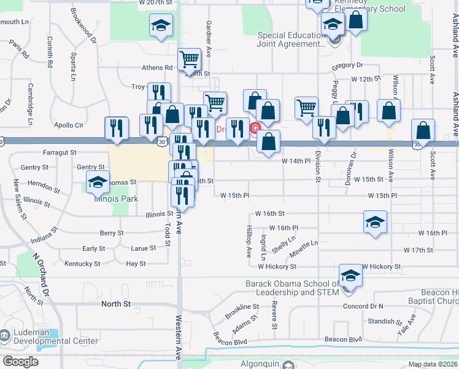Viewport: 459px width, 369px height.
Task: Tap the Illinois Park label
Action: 116,199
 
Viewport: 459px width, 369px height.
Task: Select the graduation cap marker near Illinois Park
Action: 97,182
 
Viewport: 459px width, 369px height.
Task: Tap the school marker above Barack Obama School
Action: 350,274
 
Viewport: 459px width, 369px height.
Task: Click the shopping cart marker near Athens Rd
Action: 190,60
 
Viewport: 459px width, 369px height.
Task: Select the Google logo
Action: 20,362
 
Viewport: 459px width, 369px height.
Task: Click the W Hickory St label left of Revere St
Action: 277,267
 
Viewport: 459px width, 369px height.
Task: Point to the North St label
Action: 117,304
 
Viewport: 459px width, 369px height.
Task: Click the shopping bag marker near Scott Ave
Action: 423,130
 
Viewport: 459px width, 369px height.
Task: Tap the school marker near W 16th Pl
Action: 375,223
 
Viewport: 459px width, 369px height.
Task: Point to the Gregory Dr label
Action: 347,65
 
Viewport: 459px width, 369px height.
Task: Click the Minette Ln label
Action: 304,243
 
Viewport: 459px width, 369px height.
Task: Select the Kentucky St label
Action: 82,264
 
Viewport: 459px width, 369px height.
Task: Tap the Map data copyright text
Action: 433,364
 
